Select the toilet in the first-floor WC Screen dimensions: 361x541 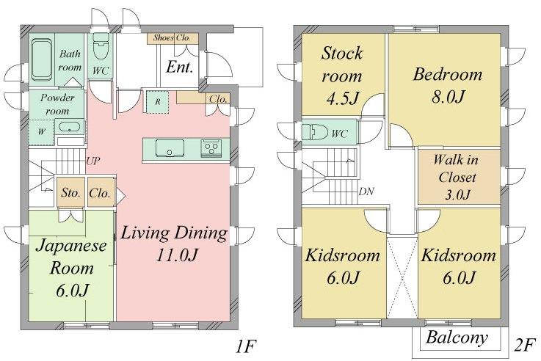[101, 48]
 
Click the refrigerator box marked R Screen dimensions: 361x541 [157, 102]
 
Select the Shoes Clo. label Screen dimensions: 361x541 [171, 37]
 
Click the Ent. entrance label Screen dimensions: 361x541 [179, 68]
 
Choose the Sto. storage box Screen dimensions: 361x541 [70, 194]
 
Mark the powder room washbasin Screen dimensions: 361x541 [70, 125]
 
